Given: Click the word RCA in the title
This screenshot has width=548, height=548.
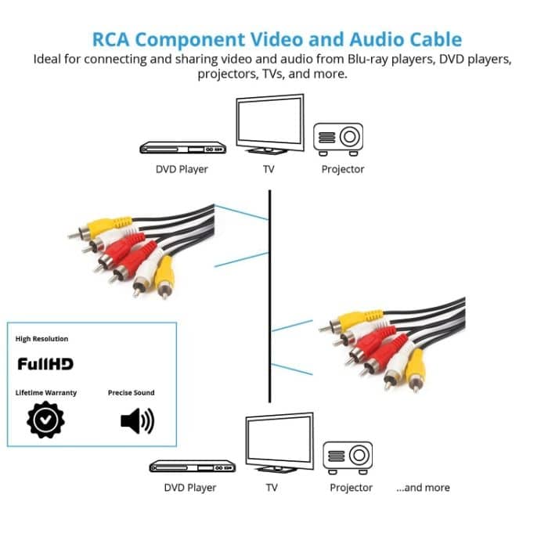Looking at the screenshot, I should pos(114,39).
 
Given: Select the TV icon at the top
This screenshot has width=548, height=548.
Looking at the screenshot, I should pos(269,124).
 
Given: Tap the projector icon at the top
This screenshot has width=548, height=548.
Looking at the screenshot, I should pos(338,138).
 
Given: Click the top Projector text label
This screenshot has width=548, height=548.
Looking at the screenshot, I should pos(343,169).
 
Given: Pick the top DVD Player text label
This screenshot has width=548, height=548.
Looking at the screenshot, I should pos(182,169).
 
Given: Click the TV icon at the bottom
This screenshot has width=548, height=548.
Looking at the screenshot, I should pos(279,442).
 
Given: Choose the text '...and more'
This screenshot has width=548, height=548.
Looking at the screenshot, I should pos(423,488).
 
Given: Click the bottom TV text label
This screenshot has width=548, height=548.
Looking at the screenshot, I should pos(272,488).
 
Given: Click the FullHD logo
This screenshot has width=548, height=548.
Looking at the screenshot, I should pos(45,364).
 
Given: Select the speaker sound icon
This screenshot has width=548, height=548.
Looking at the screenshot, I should pos(137,421).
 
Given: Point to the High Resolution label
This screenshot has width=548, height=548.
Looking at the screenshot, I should pos(42,339).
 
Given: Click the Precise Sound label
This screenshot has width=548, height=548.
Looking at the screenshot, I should pos(132,393).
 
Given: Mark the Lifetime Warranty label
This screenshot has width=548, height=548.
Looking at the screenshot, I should pos(46,393).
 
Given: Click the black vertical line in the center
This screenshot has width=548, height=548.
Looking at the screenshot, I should pos(270,297).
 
